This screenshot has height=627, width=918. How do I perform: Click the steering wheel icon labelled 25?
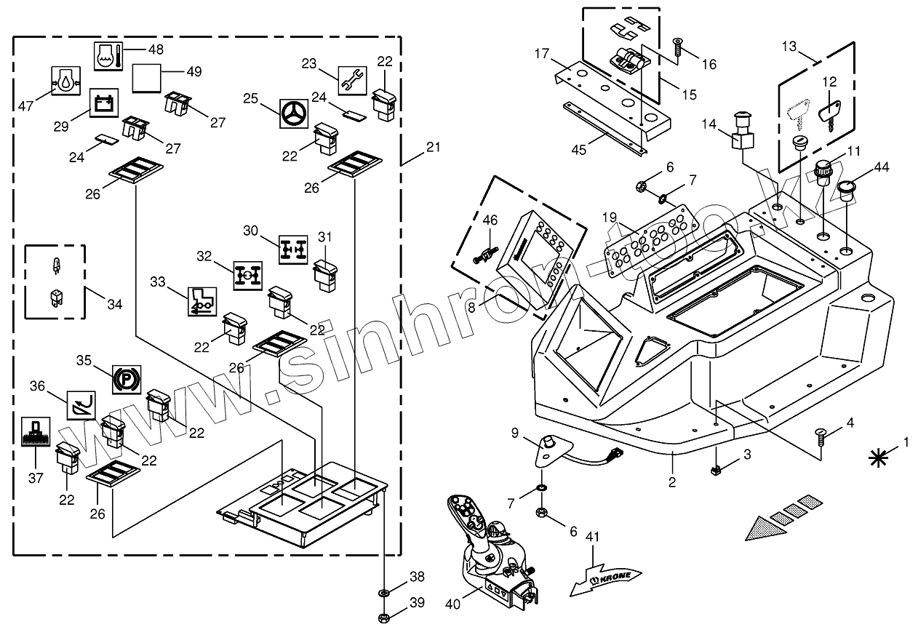click(x=293, y=113)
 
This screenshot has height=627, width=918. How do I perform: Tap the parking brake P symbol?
click(x=127, y=380)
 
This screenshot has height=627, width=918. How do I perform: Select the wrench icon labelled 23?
click(x=353, y=80)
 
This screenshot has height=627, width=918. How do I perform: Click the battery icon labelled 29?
click(x=104, y=103)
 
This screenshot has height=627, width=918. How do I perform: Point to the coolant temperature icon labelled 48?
click(x=108, y=56)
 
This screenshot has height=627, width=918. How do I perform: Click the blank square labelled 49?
click(x=146, y=78)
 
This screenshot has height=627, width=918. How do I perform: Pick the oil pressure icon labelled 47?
click(x=65, y=81)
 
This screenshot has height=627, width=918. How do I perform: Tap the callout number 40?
click(x=452, y=604)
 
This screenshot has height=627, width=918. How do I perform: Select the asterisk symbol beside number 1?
click(x=878, y=458)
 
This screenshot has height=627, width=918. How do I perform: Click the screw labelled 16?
click(x=677, y=47)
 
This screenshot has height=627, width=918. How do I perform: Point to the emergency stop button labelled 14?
click(x=743, y=132)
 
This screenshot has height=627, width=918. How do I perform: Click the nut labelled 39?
click(x=384, y=617)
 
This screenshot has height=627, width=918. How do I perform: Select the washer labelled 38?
click(x=384, y=593)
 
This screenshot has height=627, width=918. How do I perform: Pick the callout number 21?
click(x=433, y=147)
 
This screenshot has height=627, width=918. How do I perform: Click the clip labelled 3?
click(x=715, y=471)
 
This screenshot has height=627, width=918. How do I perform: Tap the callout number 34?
click(x=115, y=305)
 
